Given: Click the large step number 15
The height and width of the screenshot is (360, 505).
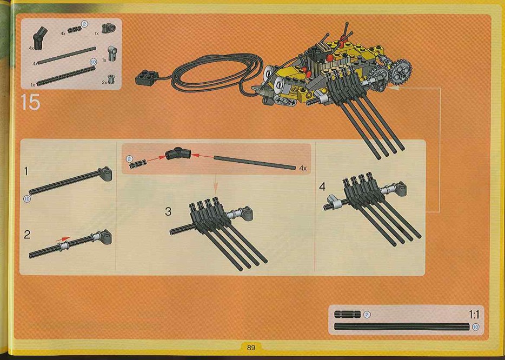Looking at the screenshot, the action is (x=31, y=102).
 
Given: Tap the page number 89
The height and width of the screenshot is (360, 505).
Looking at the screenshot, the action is (x=251, y=348).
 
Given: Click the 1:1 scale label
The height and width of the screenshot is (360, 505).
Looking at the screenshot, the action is (x=474, y=315).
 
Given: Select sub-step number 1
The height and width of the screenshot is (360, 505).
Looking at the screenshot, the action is (x=26, y=171).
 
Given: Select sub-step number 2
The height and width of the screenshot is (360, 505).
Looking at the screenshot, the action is (x=27, y=235).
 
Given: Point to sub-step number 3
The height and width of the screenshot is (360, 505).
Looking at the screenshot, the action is (x=168, y=211).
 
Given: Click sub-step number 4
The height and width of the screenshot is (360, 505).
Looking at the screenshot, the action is (x=322, y=186).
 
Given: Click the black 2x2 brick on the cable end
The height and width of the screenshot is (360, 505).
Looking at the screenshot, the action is (x=147, y=78).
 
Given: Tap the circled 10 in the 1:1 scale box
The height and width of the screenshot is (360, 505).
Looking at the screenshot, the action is (x=475, y=327).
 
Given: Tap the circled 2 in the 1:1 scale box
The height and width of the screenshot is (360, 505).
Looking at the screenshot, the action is (x=367, y=314).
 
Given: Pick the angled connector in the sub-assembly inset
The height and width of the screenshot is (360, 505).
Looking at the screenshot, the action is (x=178, y=154).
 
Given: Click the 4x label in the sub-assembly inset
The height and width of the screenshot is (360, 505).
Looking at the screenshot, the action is (x=303, y=168).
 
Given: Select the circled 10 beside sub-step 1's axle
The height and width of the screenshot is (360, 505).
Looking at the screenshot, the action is (x=26, y=199).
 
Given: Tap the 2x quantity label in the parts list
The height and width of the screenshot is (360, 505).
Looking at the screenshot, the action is (x=104, y=82).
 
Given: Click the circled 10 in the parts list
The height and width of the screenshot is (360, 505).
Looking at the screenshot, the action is (x=94, y=62).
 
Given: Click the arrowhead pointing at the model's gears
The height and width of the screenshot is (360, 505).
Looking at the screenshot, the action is (x=394, y=87).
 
